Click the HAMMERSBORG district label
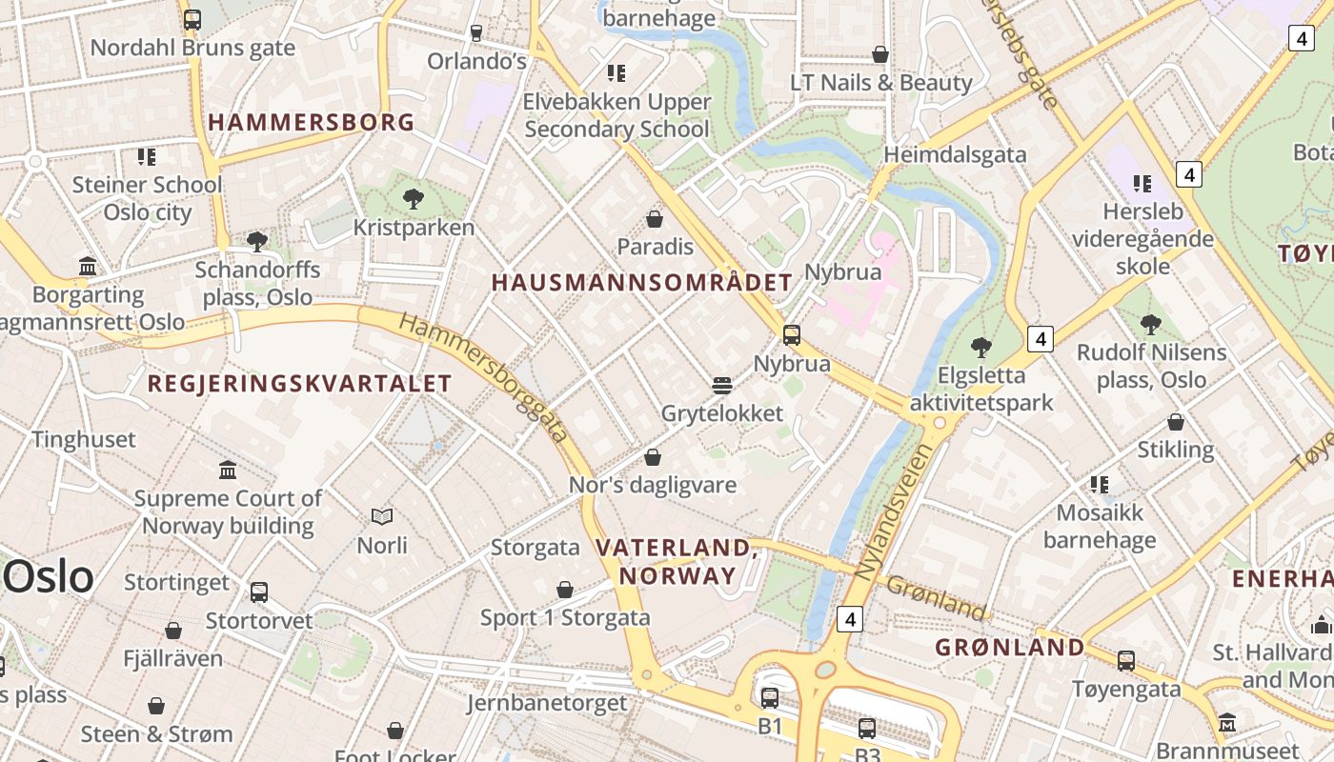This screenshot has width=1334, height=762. point(312,122)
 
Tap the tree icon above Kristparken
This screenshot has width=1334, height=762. point(414,199)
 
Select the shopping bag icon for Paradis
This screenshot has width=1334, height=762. point(655,219)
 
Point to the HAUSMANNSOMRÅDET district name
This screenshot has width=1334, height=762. point(642,282)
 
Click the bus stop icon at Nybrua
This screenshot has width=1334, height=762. point(791,334)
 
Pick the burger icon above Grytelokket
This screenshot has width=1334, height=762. point(722,385)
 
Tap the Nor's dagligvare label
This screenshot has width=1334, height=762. point(653,485)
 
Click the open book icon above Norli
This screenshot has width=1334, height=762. point(382,516)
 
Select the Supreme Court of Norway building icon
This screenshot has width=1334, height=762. point(228,470)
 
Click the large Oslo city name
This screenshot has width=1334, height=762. point(50,577)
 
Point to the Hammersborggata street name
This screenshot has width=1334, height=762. point(484,378)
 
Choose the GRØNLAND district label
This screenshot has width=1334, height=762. point(1010,648)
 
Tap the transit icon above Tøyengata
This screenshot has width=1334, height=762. point(1126,660)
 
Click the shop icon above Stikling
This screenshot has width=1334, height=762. point(1176,421)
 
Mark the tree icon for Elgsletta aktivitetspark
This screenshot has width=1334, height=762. point(981,347)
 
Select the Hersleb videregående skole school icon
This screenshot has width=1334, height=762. point(1142,183)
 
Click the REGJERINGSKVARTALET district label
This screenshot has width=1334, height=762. point(299,384)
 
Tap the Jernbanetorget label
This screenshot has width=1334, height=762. point(547,703)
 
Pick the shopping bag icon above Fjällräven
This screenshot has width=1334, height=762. point(173,630)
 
